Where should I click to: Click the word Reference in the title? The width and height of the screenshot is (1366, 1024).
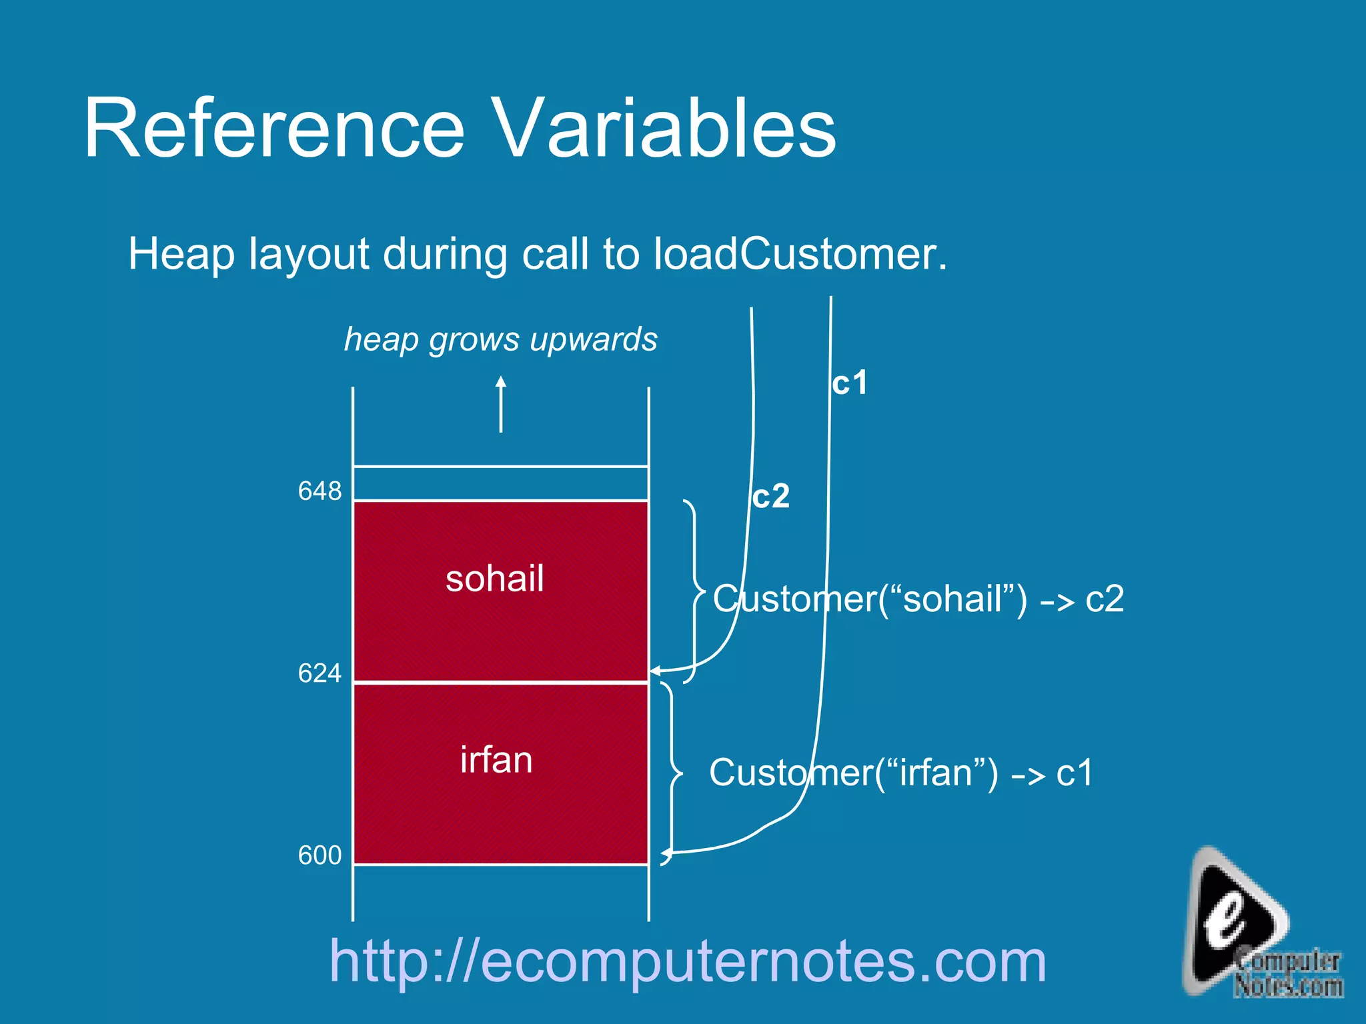pyautogui.click(x=273, y=128)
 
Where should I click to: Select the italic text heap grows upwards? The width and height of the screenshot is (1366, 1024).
pyautogui.click(x=500, y=339)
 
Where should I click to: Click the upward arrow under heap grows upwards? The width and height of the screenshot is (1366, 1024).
pyautogui.click(x=501, y=403)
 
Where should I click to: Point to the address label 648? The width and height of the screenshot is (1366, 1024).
pyautogui.click(x=319, y=491)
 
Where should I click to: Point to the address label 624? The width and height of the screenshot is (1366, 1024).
pyautogui.click(x=319, y=673)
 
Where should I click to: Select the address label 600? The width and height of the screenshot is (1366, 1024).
pyautogui.click(x=319, y=855)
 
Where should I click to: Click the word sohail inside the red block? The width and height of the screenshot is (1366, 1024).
pyautogui.click(x=495, y=578)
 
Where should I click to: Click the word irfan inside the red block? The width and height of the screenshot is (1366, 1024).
pyautogui.click(x=496, y=760)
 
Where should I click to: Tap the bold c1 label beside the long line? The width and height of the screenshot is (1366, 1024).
pyautogui.click(x=850, y=383)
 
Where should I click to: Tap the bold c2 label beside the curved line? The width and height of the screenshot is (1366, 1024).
pyautogui.click(x=771, y=496)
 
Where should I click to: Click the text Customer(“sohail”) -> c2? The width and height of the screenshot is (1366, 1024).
pyautogui.click(x=918, y=599)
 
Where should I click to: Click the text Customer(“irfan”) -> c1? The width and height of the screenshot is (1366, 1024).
pyautogui.click(x=900, y=773)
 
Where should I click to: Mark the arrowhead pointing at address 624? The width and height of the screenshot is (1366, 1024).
pyautogui.click(x=656, y=671)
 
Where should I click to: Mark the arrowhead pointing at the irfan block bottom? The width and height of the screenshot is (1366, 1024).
pyautogui.click(x=666, y=853)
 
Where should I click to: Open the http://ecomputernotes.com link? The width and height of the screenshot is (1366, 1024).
pyautogui.click(x=688, y=961)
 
